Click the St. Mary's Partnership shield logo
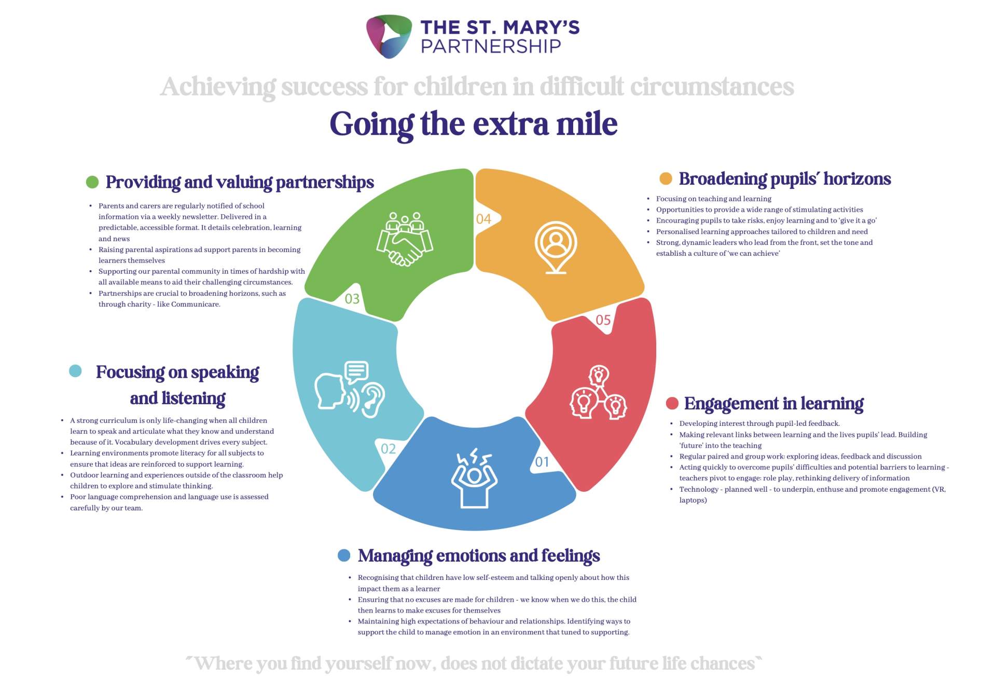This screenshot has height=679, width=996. pyautogui.click(x=389, y=36)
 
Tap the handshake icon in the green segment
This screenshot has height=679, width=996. pyautogui.click(x=405, y=239)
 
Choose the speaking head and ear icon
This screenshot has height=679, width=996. pyautogui.click(x=350, y=389)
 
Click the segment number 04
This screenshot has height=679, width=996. pyautogui.click(x=483, y=219)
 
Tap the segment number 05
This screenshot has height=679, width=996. pyautogui.click(x=603, y=320)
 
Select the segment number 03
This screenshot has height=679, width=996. pyautogui.click(x=352, y=299)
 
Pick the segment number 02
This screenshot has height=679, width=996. pyautogui.click(x=389, y=449)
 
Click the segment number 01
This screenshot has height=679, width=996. pyautogui.click(x=542, y=462)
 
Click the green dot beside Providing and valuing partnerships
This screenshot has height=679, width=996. pyautogui.click(x=92, y=182)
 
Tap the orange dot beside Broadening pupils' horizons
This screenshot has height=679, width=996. pyautogui.click(x=666, y=178)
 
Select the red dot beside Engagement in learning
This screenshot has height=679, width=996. pyautogui.click(x=672, y=403)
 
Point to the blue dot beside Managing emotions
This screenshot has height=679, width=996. pyautogui.click(x=344, y=556)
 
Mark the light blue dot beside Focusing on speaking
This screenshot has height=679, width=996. pyautogui.click(x=75, y=371)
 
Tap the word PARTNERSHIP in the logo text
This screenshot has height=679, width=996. pyautogui.click(x=491, y=47)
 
